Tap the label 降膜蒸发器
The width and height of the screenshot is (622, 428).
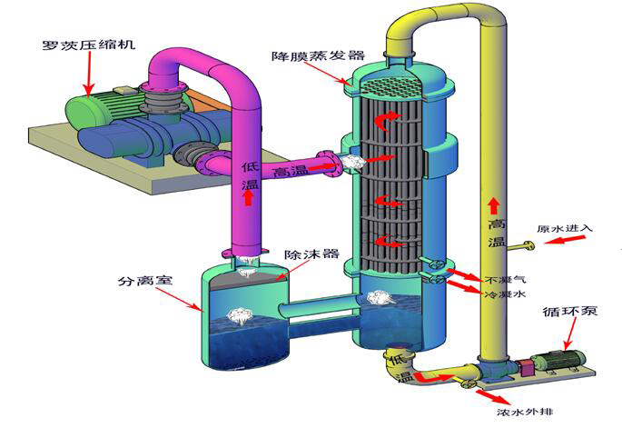305,56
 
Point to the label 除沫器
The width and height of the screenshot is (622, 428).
304,255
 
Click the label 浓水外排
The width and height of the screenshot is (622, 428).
525,411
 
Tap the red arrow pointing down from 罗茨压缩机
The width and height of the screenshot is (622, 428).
89,73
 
